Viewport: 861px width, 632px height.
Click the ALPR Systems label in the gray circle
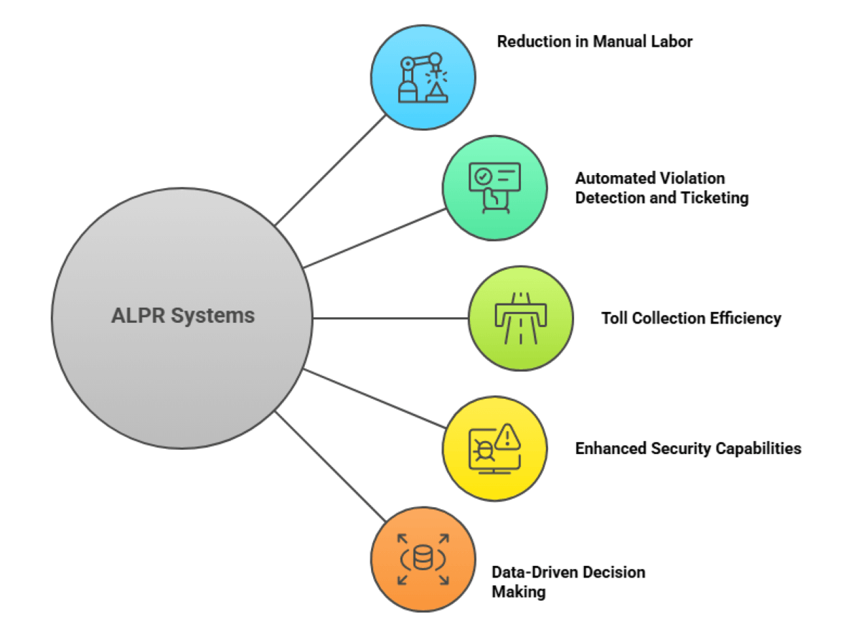(x=182, y=316)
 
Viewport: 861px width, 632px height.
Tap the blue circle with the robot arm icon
(x=423, y=77)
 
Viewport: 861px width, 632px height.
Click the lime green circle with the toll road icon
(x=521, y=318)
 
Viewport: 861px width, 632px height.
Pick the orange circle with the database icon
(x=423, y=559)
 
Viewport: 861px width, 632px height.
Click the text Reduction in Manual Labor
(x=595, y=42)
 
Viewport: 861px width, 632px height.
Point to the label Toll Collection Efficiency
(x=691, y=318)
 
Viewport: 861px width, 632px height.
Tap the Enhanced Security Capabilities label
(x=688, y=448)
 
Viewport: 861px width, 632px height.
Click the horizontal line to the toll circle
(x=391, y=318)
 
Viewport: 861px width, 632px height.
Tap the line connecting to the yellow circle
(x=373, y=400)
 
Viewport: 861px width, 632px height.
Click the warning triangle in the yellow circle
(x=507, y=435)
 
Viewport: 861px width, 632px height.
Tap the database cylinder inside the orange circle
(x=423, y=558)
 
